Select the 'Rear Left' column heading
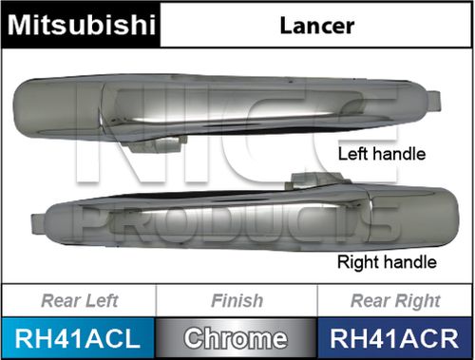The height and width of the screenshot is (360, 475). click(x=79, y=302)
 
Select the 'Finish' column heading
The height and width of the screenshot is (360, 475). click(x=237, y=302)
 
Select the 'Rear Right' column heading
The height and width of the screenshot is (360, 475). click(x=394, y=302)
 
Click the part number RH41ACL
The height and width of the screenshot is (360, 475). click(x=79, y=336)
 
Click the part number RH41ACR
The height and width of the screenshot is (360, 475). click(x=394, y=336)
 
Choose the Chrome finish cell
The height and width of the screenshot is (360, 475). click(x=237, y=336)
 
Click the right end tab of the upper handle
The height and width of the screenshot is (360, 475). click(x=432, y=100)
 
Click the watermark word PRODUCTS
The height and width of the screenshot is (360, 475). click(x=237, y=228)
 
